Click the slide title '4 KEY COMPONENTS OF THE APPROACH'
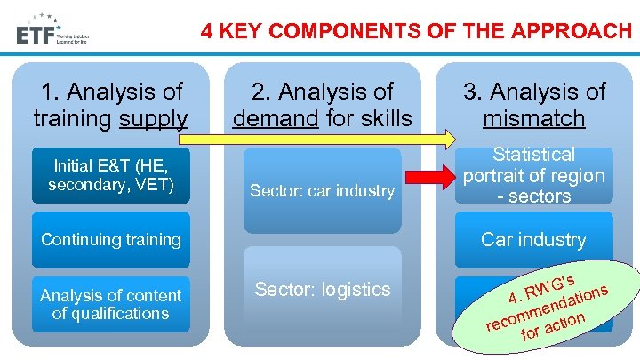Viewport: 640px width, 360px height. pos(416,31)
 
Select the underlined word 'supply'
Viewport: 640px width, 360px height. pos(156,118)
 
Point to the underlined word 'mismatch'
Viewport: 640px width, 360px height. pos(534,118)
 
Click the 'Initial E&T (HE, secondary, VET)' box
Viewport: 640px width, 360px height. pos(111,175)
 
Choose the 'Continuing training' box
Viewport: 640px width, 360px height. pos(111,239)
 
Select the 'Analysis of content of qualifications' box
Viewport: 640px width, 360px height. pos(111,305)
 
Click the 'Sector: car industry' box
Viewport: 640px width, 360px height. pos(322,190)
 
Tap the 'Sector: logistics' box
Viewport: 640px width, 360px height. pos(322,290)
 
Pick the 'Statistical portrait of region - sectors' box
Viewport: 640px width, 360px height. pos(533,176)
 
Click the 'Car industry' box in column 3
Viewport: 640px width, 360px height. pos(533,239)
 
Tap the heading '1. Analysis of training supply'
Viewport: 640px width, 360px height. pos(111,104)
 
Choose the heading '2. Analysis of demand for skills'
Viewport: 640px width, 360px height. pos(322,104)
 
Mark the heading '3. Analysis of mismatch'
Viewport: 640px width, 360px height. pos(534,104)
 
